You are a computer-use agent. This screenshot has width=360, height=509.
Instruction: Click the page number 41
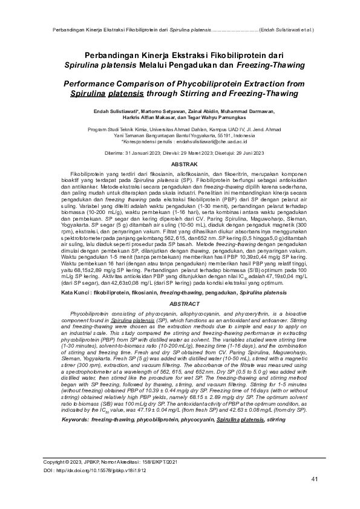click(x=314, y=479)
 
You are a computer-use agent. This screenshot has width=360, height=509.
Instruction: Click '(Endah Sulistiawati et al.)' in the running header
click(x=286, y=28)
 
